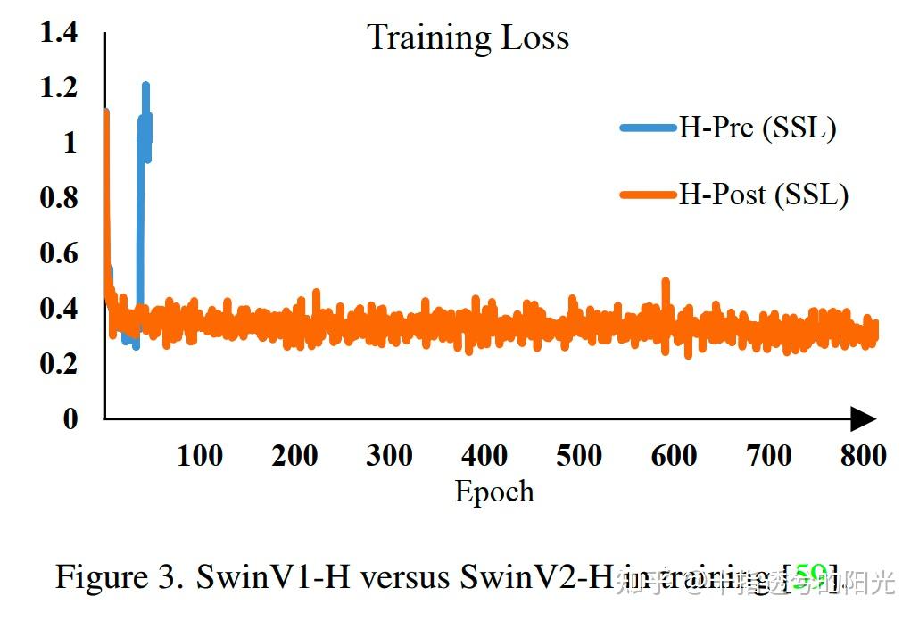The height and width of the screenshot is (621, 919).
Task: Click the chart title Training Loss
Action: [468, 38]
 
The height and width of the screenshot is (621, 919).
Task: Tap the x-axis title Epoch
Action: [494, 492]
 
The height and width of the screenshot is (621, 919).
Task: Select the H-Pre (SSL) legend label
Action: [758, 128]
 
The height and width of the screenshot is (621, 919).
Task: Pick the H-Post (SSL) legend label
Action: [763, 194]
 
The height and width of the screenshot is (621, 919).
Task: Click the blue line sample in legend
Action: [648, 128]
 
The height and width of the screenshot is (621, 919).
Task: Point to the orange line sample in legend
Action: [648, 195]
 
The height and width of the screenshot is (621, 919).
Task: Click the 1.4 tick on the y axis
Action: [59, 33]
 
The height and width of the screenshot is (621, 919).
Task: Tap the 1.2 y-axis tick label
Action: [59, 87]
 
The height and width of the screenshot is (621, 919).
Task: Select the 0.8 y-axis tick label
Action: [59, 198]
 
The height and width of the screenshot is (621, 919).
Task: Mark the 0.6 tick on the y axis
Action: [59, 253]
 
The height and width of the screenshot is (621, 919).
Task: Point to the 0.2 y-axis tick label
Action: [59, 363]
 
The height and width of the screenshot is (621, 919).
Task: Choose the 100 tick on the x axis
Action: [200, 456]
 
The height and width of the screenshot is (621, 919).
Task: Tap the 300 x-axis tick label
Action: [389, 456]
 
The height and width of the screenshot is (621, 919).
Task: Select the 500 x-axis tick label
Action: [579, 456]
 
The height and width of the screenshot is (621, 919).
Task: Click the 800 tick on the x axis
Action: [863, 456]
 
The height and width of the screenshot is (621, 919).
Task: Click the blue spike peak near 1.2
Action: [145, 87]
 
